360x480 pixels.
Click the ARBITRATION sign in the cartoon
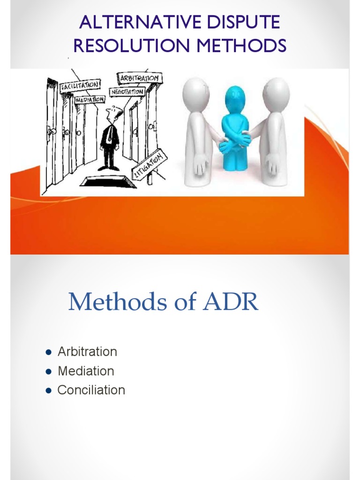[140, 78]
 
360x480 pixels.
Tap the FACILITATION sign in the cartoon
[80, 86]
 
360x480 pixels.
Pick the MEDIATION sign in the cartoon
[89, 99]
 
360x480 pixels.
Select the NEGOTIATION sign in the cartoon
[127, 91]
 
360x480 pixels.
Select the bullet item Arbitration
[87, 352]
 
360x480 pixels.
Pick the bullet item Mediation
[86, 371]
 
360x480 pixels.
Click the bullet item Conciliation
[91, 390]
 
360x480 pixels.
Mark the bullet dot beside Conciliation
[48, 390]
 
